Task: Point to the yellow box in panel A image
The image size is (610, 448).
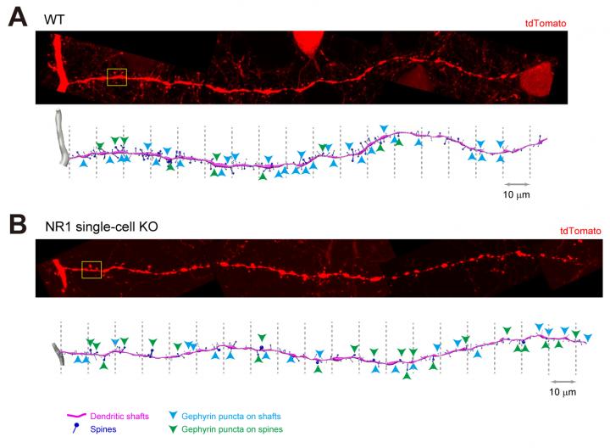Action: pyautogui.click(x=116, y=78)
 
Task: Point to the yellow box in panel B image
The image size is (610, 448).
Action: pyautogui.click(x=91, y=270)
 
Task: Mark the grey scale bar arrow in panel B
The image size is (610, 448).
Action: pyautogui.click(x=562, y=379)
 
